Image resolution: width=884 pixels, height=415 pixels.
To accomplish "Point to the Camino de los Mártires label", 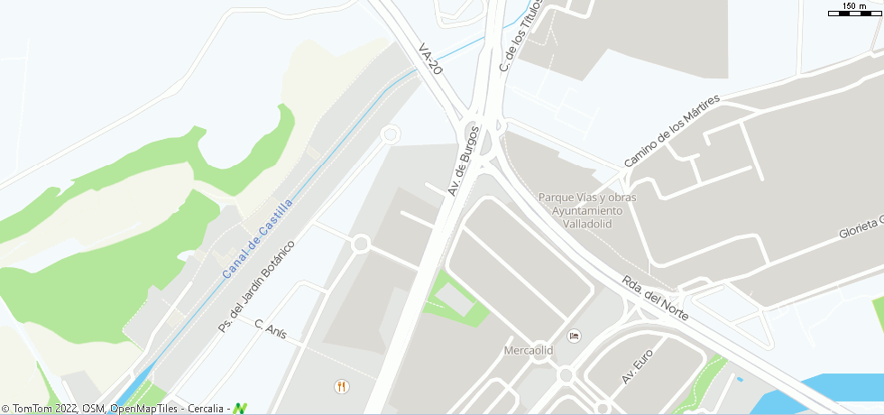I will point(672,131).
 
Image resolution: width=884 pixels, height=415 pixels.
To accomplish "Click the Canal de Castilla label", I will point(257,239).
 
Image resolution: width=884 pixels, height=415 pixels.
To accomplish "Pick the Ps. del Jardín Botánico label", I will point(257,286).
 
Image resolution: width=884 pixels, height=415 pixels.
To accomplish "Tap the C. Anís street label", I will point(271,328).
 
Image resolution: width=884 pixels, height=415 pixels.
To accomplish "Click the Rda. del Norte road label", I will point(656,299).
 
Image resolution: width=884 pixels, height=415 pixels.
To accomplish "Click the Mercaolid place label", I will point(528,350).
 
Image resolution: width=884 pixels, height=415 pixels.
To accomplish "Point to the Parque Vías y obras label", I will point(587,198).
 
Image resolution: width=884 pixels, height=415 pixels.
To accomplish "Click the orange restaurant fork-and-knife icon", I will point(341,386).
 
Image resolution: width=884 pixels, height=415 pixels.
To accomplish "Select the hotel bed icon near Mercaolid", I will point(574,336).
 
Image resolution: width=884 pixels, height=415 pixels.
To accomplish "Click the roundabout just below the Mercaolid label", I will point(566,374).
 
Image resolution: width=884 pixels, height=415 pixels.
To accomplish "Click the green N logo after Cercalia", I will point(240,408).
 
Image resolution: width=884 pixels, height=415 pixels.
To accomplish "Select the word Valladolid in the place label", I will point(587,223).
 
